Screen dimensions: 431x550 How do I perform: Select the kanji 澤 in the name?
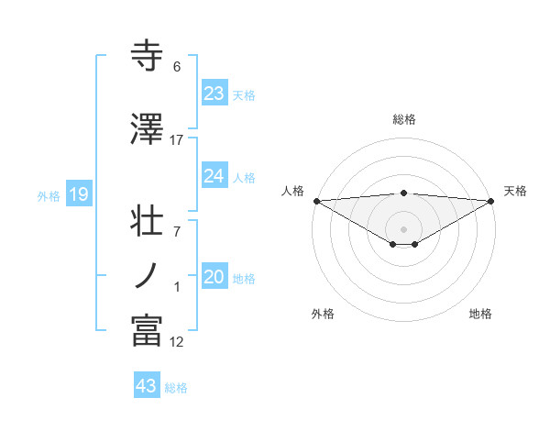tap(148, 129)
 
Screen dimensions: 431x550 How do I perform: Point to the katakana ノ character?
tap(148, 275)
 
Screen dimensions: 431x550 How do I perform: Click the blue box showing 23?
tap(214, 94)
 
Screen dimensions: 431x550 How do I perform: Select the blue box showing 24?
tap(214, 176)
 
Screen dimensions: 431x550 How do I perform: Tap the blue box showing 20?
tap(214, 278)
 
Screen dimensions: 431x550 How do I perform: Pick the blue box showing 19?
tap(78, 194)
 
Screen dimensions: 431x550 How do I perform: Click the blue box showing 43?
tap(147, 386)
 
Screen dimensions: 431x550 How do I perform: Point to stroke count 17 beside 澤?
tap(177, 140)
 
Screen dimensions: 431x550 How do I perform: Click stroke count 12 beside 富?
tap(177, 342)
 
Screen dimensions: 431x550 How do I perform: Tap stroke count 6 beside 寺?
tap(177, 67)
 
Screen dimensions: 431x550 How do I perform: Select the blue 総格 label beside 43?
tap(176, 388)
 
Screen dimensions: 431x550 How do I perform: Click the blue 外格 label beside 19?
tap(49, 195)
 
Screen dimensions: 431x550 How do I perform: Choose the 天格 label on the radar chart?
tap(515, 191)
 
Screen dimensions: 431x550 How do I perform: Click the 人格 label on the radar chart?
tap(292, 191)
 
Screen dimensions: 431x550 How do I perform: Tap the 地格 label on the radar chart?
tap(480, 314)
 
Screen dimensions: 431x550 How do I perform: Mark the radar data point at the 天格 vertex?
tap(490, 201)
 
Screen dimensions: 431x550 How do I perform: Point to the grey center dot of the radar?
tap(403, 227)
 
